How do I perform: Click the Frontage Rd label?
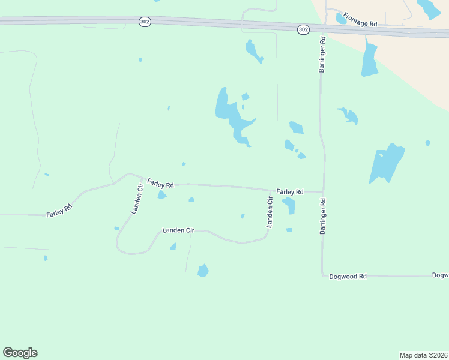click(x=360, y=20)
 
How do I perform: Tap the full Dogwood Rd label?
click(x=348, y=277)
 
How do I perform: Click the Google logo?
click(x=20, y=353)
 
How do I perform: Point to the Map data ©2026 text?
click(x=423, y=355)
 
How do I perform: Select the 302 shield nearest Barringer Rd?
click(x=303, y=29)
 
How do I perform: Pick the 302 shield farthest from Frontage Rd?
click(x=144, y=22)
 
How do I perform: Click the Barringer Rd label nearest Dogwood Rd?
click(x=322, y=215)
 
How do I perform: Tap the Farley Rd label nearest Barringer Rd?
click(x=290, y=192)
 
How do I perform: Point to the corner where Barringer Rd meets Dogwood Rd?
click(x=323, y=277)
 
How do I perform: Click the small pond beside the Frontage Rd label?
click(x=340, y=19)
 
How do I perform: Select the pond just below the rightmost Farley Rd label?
click(x=289, y=205)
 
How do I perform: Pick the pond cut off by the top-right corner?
click(x=429, y=8)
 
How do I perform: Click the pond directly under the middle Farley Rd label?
click(x=161, y=195)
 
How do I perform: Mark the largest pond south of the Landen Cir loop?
click(x=203, y=271)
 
